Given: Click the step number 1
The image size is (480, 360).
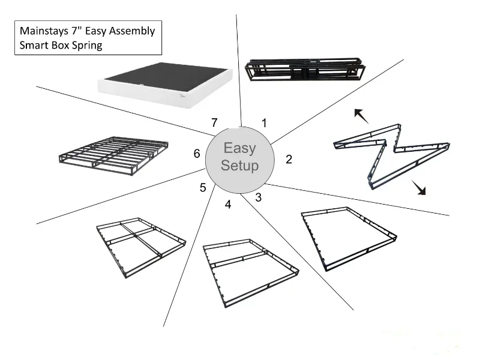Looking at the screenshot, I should coord(264,123).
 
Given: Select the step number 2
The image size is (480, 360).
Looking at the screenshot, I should coord(289,159).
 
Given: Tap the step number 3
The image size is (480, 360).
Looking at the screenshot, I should coord(258,197).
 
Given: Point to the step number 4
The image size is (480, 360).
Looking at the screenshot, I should coord(228,205).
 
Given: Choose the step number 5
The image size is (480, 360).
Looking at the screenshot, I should coord(203,188).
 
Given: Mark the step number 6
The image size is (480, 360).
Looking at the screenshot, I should coord(196,154).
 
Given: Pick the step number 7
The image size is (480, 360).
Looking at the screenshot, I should coord(214,122).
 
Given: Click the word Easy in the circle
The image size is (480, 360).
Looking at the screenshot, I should coord(239,148).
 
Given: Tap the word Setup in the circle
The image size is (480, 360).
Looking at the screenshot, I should coord(239,166).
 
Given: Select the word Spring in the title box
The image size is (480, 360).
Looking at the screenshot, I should coord(86,46).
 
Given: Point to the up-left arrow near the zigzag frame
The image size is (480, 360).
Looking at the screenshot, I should coord(361,115).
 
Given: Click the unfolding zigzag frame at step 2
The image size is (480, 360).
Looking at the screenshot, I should coord(390,153).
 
